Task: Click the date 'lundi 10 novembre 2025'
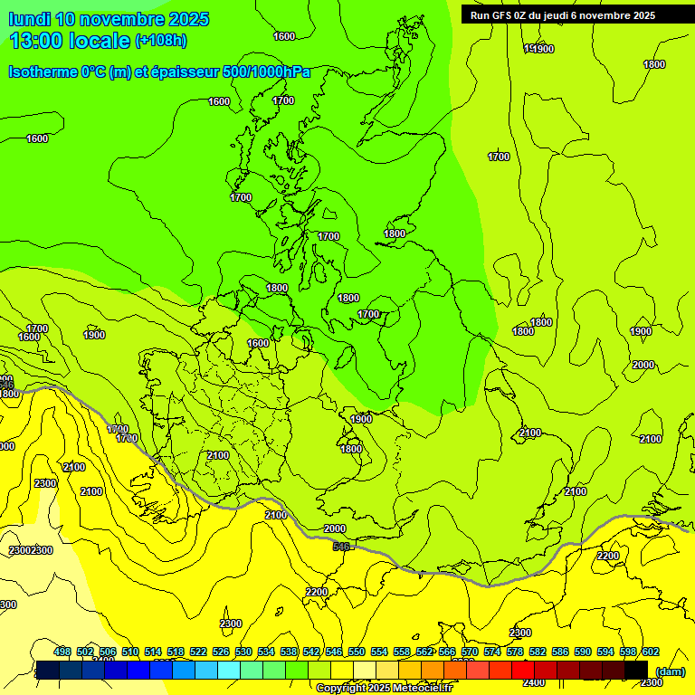pyautogui.click(x=109, y=19)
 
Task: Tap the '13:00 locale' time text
pyautogui.click(x=70, y=41)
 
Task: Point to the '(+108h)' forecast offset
pyautogui.click(x=161, y=41)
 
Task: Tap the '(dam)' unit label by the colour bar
pyautogui.click(x=670, y=671)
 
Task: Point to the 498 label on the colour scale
pyautogui.click(x=62, y=652)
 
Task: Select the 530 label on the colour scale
pyautogui.click(x=243, y=652)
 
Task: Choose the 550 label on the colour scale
pyautogui.click(x=357, y=652)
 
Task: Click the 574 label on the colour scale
pyautogui.click(x=492, y=652)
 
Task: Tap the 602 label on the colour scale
pyautogui.click(x=651, y=652)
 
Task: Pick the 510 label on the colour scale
pyautogui.click(x=130, y=652)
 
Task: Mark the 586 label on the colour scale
pyautogui.click(x=560, y=652)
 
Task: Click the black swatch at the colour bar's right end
pyautogui.click(x=636, y=670)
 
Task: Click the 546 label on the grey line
pyautogui.click(x=341, y=547)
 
